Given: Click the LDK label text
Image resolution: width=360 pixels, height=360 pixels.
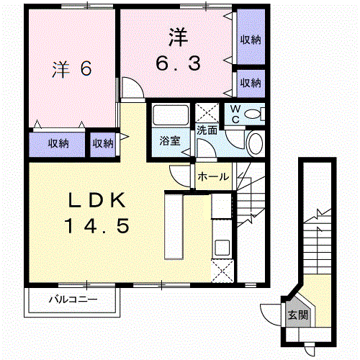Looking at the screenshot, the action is tap(97, 200).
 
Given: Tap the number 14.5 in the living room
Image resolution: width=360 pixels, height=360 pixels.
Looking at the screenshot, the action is tap(97, 226).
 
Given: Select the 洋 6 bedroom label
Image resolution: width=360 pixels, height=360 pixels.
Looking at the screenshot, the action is tap(72, 69).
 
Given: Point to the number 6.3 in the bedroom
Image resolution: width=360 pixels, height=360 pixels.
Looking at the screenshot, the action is tap(179, 63).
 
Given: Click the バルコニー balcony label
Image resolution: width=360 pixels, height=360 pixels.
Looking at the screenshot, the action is tap(73, 300).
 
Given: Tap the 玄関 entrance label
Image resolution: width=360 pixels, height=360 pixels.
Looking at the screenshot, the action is tap(298, 315).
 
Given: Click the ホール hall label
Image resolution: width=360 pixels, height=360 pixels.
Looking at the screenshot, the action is tap(213, 177).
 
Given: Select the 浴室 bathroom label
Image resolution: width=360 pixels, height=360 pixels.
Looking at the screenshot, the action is tap(170, 141).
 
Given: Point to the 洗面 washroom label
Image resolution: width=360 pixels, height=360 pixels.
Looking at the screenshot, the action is tap(207, 130).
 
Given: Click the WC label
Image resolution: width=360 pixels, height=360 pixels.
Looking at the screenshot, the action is tap(235, 114).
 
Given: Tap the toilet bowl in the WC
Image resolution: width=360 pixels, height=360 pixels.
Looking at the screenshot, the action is tap(252, 114).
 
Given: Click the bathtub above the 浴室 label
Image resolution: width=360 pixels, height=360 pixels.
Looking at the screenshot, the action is tap(171, 115).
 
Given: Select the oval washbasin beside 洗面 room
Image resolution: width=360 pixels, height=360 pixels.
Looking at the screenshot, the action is tap(255, 143).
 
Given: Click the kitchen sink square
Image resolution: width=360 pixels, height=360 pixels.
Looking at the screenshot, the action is tap(222, 248).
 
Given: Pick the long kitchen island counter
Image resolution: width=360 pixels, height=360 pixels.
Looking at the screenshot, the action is tap(174, 227).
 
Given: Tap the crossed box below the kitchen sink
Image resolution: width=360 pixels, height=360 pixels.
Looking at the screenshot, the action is tap(222, 271).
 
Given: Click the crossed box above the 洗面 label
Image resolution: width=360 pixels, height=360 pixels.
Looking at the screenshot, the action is tap(207, 113).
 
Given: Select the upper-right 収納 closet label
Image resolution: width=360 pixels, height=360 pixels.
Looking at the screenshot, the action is tap(251, 40).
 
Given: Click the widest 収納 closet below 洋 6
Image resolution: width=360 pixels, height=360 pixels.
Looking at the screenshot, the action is tap(57, 144).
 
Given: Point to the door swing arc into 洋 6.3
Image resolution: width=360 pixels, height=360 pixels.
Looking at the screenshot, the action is tap(137, 82).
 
